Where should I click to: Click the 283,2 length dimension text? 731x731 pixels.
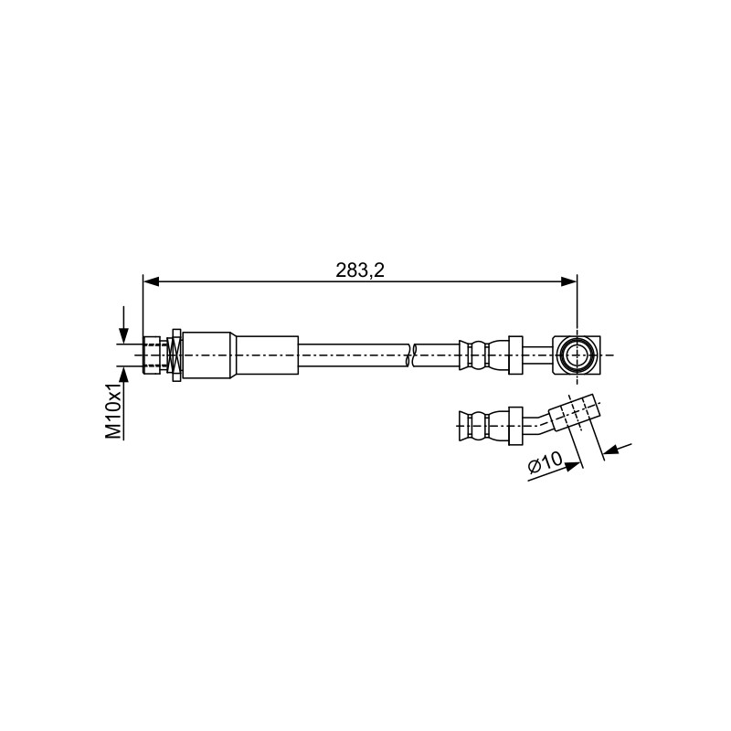tap(360, 270)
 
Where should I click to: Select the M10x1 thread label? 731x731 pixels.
tap(113, 411)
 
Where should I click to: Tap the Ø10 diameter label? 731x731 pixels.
tap(545, 464)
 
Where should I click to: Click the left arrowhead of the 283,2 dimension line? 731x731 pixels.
tap(151, 281)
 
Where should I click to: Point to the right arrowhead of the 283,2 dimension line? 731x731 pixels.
tap(568, 281)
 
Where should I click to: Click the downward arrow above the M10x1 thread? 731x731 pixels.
tap(123, 324)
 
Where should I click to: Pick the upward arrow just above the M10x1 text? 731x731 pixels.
tap(123, 376)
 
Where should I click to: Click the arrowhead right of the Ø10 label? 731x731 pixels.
tap(574, 465)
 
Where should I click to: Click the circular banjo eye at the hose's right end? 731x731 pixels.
tap(577, 355)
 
